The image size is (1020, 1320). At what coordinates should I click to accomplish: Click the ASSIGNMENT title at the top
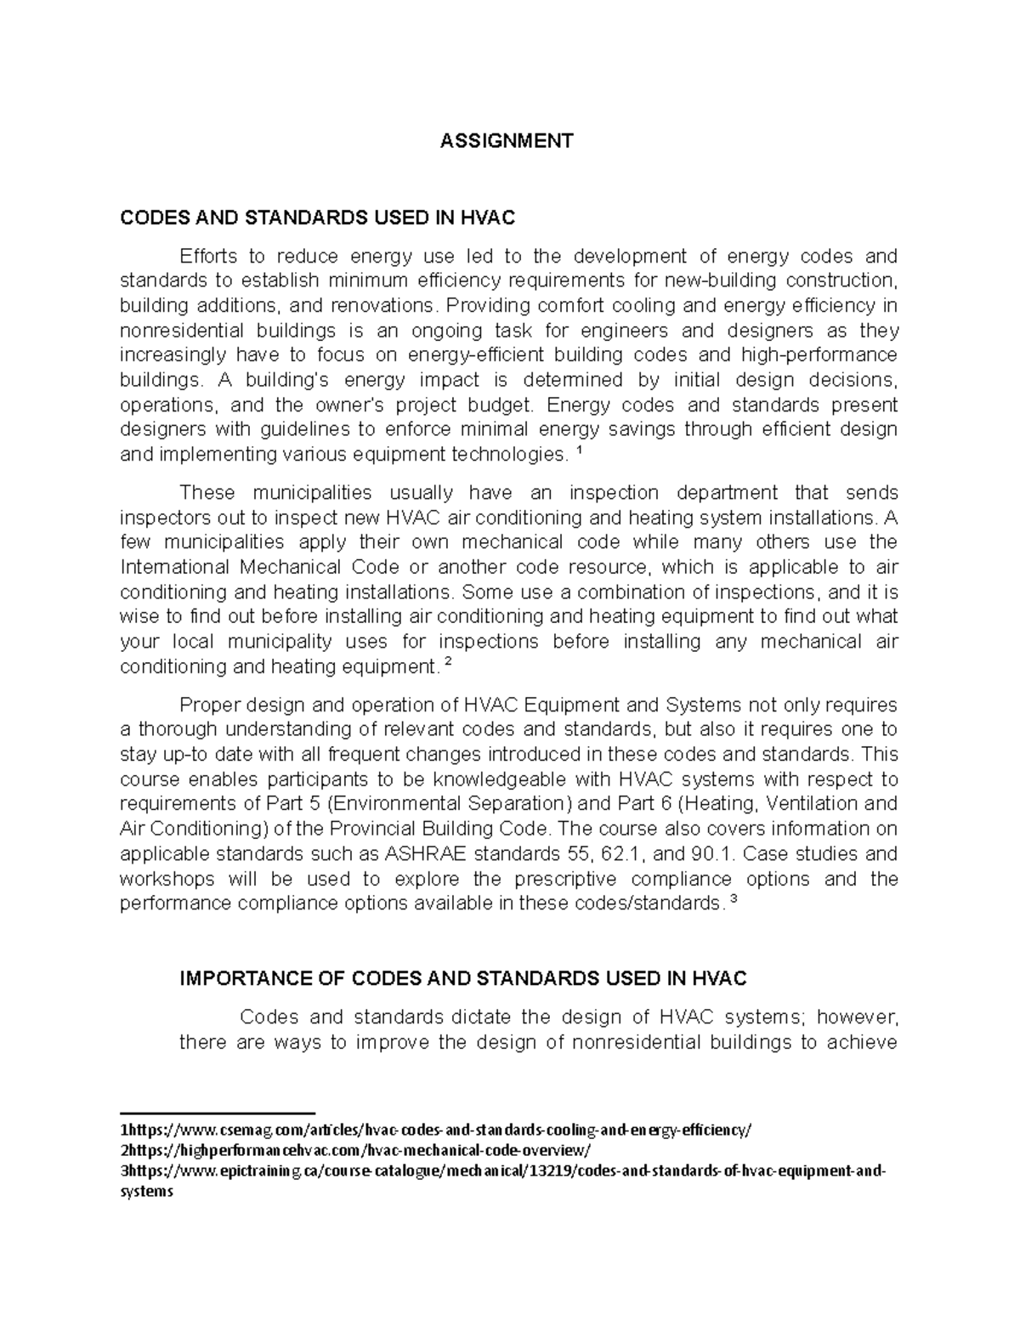tap(507, 140)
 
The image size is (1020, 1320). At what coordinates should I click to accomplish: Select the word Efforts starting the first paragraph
tap(208, 256)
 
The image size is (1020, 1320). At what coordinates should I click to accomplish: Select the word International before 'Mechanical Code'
tap(172, 567)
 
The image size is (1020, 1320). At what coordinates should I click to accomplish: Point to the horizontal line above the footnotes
tap(218, 1112)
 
